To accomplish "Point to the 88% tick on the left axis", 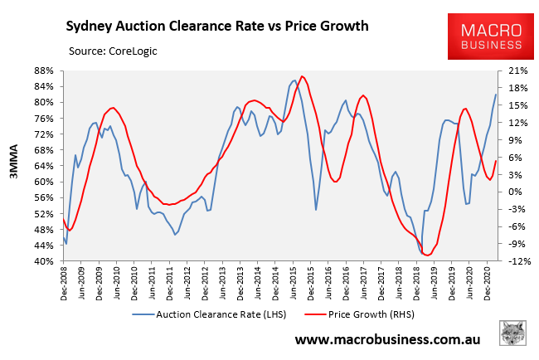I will pos(44,71).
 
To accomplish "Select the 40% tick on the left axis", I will pos(44,262).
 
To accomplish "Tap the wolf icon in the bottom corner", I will pos(515,335).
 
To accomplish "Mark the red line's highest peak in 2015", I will pos(303,76).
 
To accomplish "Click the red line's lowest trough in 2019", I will pos(427,255).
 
